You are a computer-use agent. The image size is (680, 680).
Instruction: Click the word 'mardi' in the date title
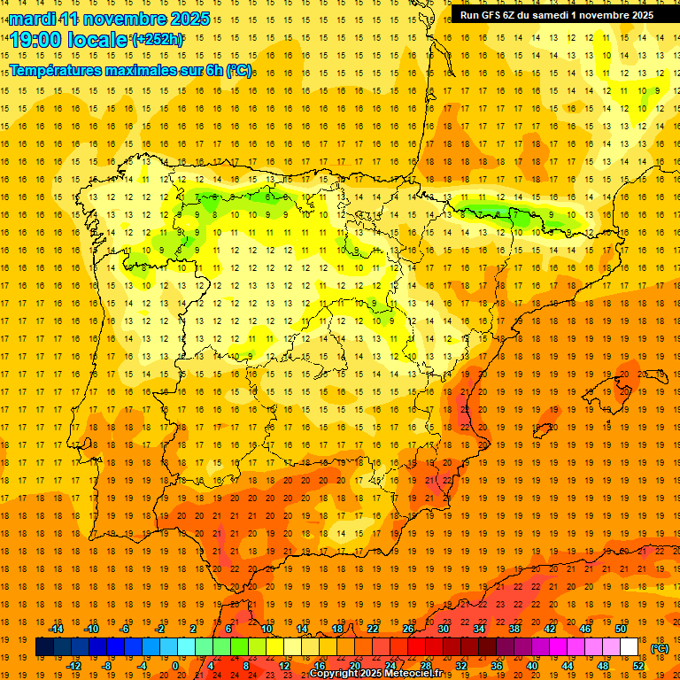coord(33,19)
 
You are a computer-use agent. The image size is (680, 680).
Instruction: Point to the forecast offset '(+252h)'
coord(158,40)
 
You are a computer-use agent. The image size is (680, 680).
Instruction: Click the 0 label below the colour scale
coord(176,666)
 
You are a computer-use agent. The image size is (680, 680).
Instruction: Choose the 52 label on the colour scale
coord(638,666)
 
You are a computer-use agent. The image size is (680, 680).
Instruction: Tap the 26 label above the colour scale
coord(408,629)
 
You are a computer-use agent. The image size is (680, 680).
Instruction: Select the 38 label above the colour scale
coord(514,629)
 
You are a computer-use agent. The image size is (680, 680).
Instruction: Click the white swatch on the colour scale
coord(630,647)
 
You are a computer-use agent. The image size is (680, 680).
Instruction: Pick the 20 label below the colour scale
coord(354,666)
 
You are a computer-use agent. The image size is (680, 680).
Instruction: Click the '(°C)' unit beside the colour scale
coord(659,648)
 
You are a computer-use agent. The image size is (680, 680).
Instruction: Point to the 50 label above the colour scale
coord(621,629)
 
